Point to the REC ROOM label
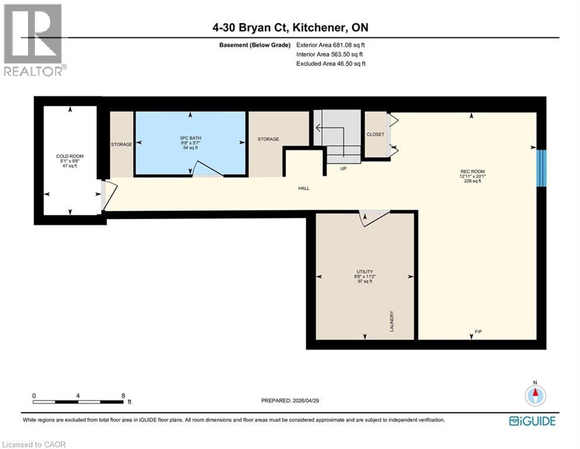click(473, 172)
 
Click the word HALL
click(303, 188)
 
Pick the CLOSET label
click(376, 134)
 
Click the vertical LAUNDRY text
click(393, 322)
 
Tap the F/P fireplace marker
click(478, 332)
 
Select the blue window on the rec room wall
click(541, 168)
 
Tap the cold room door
click(109, 195)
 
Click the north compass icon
click(534, 395)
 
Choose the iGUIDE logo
click(532, 421)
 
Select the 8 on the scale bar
click(123, 396)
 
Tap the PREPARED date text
click(294, 400)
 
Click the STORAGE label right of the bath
click(269, 139)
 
